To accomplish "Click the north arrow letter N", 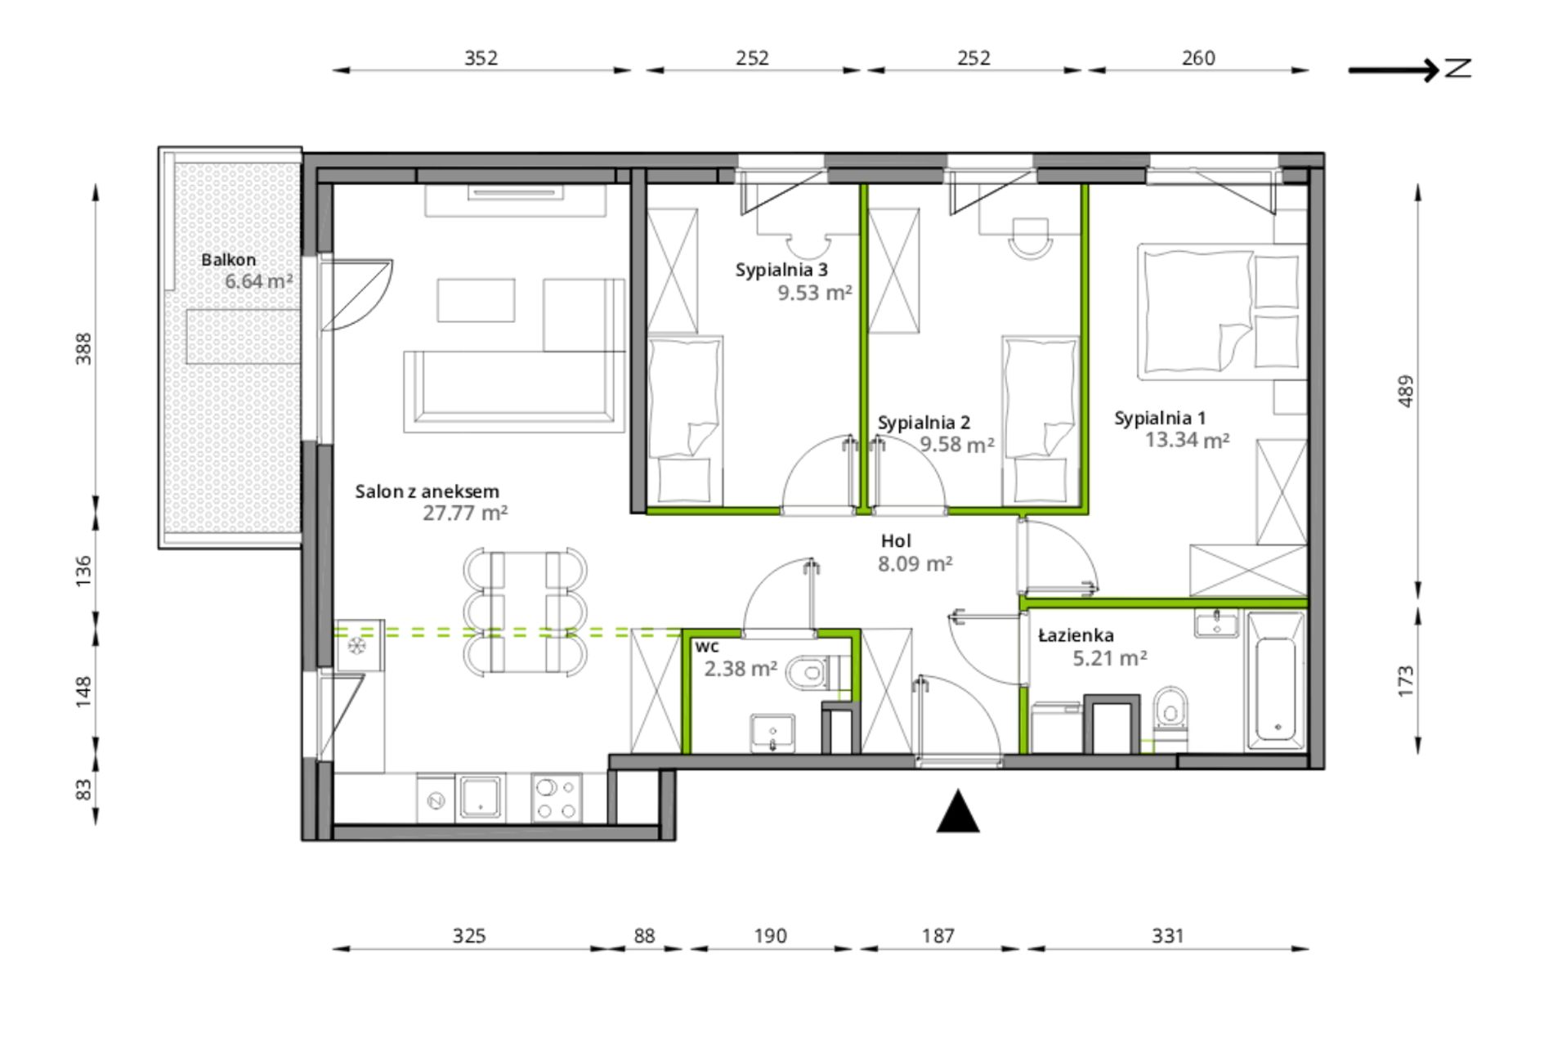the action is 1458,68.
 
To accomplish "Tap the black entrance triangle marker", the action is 957,812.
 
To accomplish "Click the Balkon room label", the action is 229,260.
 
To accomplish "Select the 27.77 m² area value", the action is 465,513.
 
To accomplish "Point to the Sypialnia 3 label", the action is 781,270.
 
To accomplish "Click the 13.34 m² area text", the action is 1187,441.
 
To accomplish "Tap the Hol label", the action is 896,541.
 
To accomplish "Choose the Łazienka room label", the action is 1076,635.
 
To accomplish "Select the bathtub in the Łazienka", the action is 1274,681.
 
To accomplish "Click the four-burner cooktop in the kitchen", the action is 557,798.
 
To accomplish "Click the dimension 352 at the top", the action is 481,58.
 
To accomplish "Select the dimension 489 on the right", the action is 1405,392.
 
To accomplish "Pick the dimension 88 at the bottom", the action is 644,935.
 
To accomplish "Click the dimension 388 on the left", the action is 83,348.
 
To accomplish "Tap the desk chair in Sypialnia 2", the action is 1030,238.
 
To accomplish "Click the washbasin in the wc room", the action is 772,733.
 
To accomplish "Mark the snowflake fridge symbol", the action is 357,646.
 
